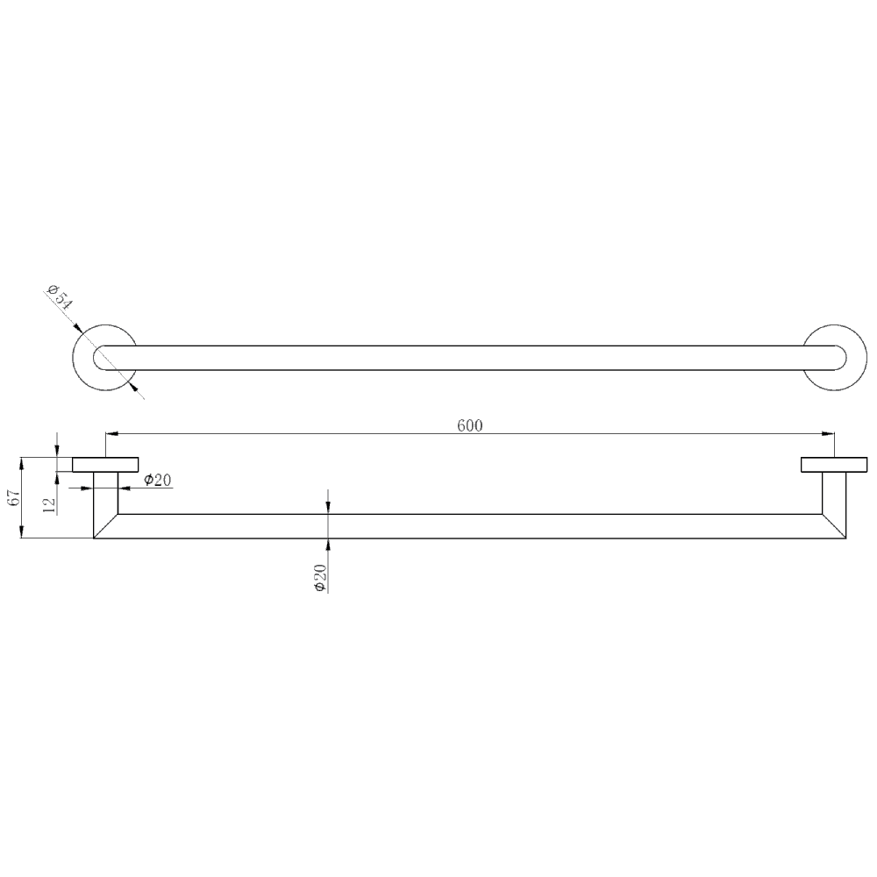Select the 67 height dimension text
coord(14,499)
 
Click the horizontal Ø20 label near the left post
coord(158,480)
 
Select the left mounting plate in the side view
coord(105,465)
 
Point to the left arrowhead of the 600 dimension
coord(111,433)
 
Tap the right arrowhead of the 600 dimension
coord(829,433)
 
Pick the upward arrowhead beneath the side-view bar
coord(327,544)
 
